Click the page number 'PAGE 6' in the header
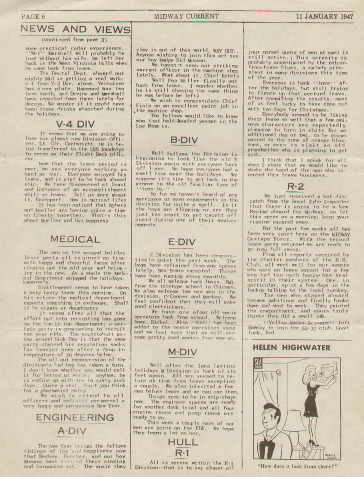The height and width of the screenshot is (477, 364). (x=33, y=16)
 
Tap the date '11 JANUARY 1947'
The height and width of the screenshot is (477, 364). (x=324, y=16)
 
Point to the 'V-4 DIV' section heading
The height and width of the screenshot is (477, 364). (x=75, y=124)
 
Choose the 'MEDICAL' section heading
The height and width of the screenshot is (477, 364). (x=75, y=239)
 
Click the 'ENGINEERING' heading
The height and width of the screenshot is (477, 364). (x=75, y=417)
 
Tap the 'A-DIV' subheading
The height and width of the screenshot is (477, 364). (x=75, y=431)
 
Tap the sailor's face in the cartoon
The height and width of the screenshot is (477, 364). (x=269, y=417)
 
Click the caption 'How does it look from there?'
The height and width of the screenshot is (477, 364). (x=297, y=465)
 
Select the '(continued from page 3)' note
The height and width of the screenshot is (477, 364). (x=75, y=40)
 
